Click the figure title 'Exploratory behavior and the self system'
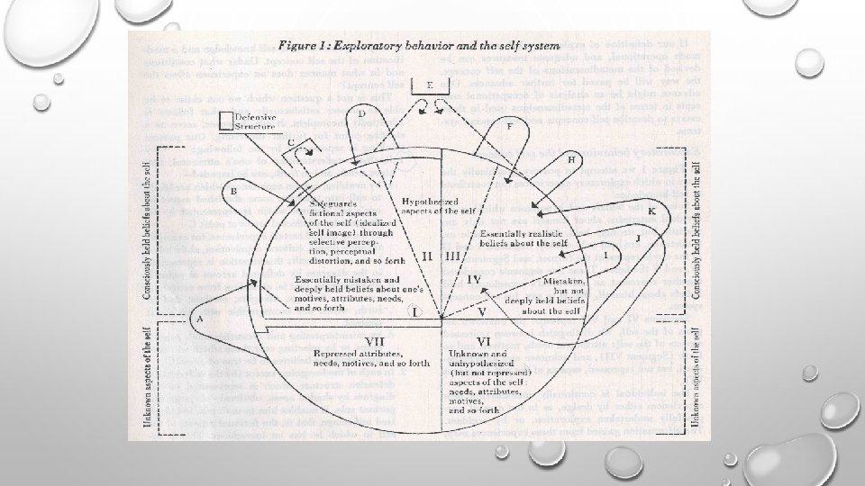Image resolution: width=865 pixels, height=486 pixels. point(419,43)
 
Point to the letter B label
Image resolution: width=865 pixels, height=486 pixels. point(233,192)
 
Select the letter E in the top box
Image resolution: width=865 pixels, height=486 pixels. point(431,85)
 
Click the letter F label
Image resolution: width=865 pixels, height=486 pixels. point(509,126)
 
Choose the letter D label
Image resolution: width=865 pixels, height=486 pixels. point(360,114)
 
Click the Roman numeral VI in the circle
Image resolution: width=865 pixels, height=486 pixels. point(483,341)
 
